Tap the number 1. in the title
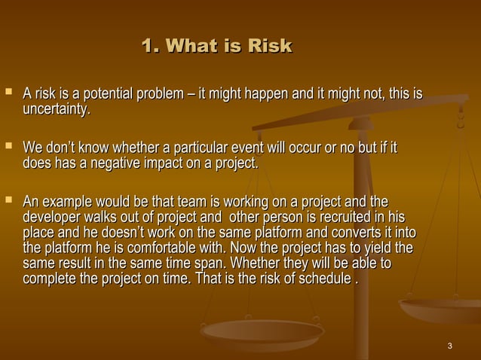[151, 47]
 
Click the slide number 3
[449, 346]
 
